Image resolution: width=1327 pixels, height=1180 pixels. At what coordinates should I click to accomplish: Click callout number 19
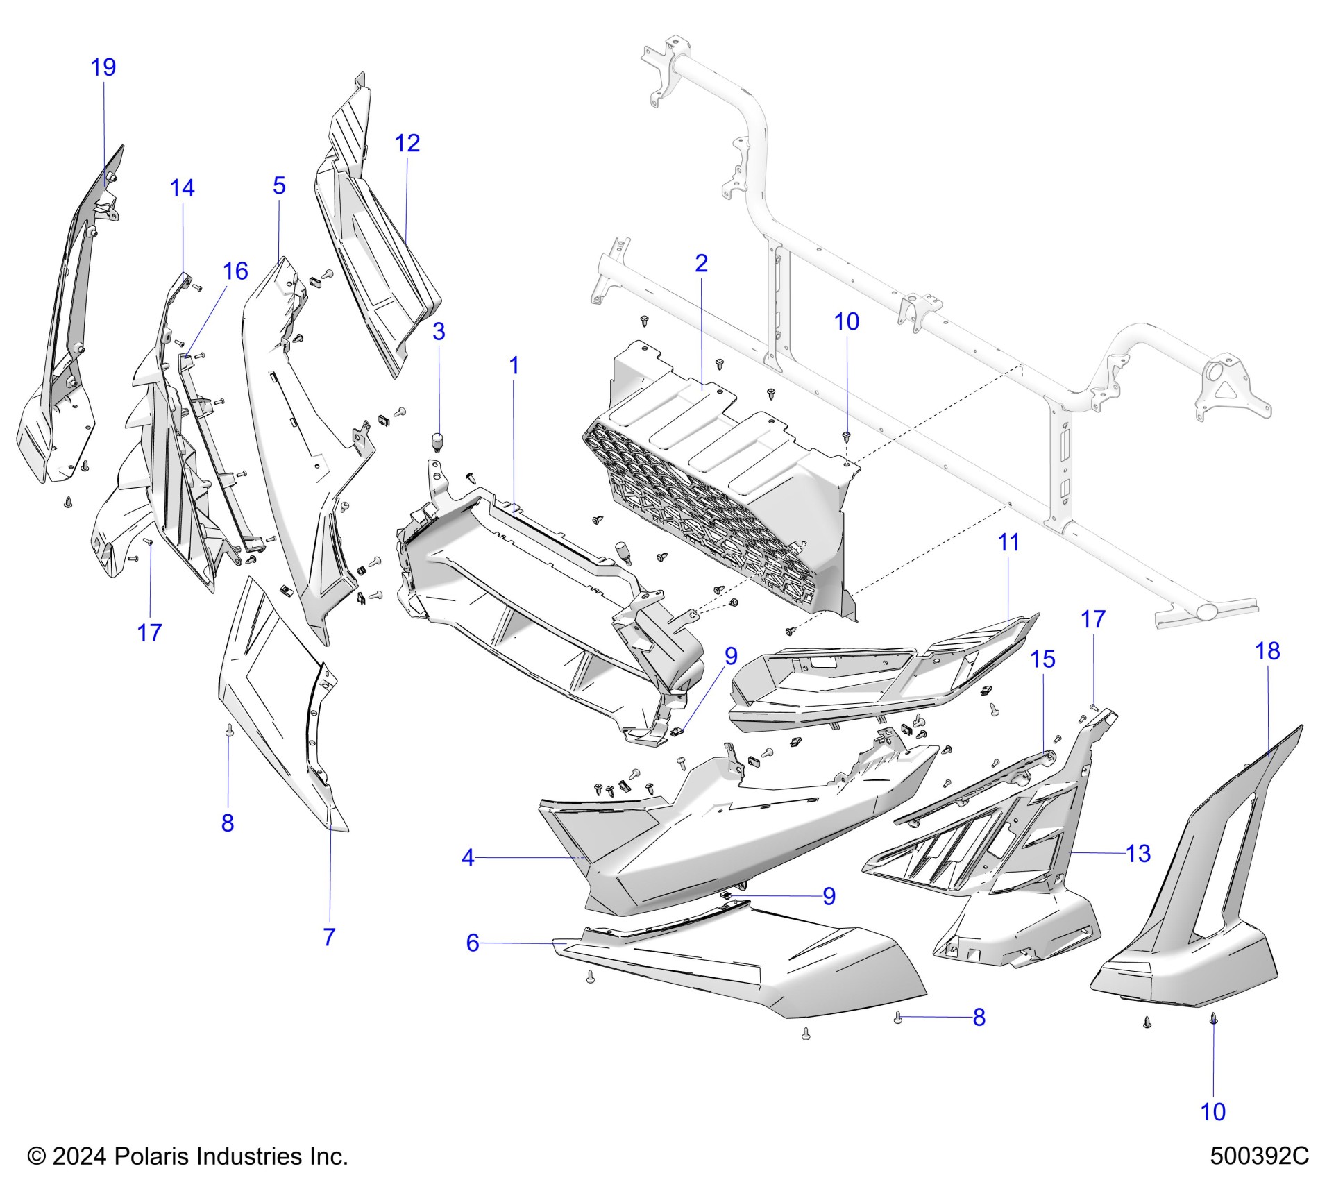(x=103, y=67)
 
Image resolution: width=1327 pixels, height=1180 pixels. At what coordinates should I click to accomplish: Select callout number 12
(x=407, y=143)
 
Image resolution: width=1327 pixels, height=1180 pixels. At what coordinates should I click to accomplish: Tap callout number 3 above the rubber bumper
(x=439, y=331)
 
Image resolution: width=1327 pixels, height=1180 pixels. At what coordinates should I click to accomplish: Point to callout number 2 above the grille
(x=701, y=263)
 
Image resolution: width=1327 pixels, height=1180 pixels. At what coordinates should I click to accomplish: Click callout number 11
(x=1008, y=542)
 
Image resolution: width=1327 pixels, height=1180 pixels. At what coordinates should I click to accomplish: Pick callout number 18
(x=1267, y=650)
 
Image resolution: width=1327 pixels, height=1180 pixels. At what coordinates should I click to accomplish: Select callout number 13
(x=1138, y=853)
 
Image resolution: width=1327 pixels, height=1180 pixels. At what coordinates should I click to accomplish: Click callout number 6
(x=473, y=943)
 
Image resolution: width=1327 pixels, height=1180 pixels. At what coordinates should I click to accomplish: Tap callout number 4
(x=468, y=858)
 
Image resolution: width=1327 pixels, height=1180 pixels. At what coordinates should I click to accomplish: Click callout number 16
(x=235, y=271)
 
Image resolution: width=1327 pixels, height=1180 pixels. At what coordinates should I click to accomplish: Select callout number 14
(x=183, y=187)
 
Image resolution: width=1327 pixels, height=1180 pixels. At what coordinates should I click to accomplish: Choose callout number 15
(x=1042, y=659)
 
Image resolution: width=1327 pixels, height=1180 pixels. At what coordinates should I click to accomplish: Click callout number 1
(x=514, y=365)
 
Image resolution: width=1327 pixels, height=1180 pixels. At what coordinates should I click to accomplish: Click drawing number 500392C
(x=1259, y=1156)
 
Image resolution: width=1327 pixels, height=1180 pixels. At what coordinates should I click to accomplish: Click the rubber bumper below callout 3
(x=438, y=441)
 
